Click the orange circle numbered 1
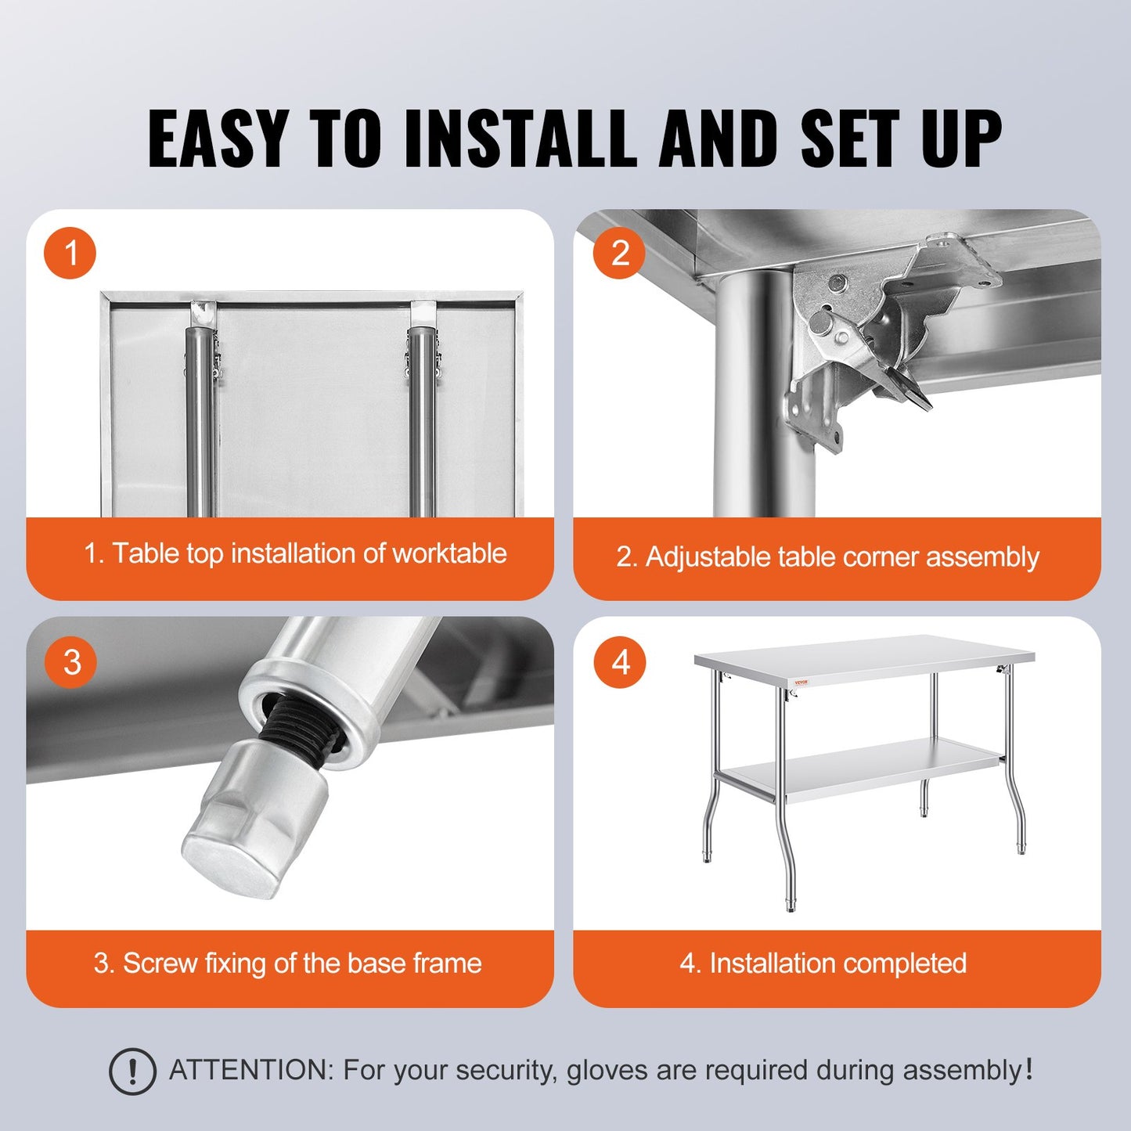point(70,254)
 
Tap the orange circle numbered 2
point(619,254)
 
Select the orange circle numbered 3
point(71,662)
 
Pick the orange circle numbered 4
point(620,662)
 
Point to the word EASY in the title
point(218,139)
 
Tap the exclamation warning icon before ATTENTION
point(132,1071)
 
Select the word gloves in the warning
point(608,1070)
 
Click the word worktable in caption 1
point(449,553)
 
